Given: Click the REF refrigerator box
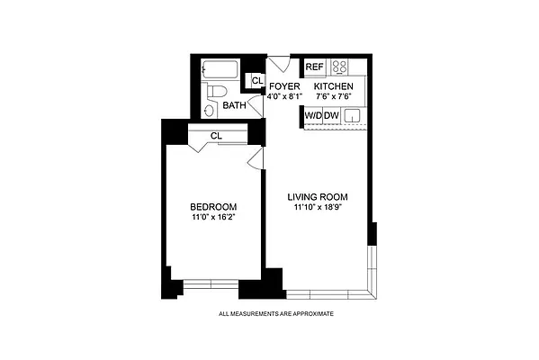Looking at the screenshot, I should (x=314, y=67).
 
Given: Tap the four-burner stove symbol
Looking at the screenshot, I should (x=341, y=67).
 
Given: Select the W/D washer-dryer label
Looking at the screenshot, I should (x=312, y=115).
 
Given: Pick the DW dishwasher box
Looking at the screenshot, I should (x=331, y=115).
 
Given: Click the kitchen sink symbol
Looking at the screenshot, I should (x=353, y=115).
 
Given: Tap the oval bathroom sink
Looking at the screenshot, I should (x=209, y=110).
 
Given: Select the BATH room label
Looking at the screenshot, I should (x=235, y=105).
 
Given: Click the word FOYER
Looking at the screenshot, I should (x=284, y=86).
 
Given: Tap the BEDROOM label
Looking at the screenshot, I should (x=214, y=206).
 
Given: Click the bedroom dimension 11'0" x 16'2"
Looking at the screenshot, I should (x=214, y=216).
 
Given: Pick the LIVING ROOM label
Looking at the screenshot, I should (x=318, y=197).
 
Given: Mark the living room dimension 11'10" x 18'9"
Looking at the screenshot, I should (x=318, y=208).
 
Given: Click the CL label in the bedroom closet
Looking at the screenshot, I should (x=216, y=136).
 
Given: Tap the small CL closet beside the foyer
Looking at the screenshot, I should (x=256, y=81).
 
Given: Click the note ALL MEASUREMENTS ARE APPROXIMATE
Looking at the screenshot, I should (x=276, y=314).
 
